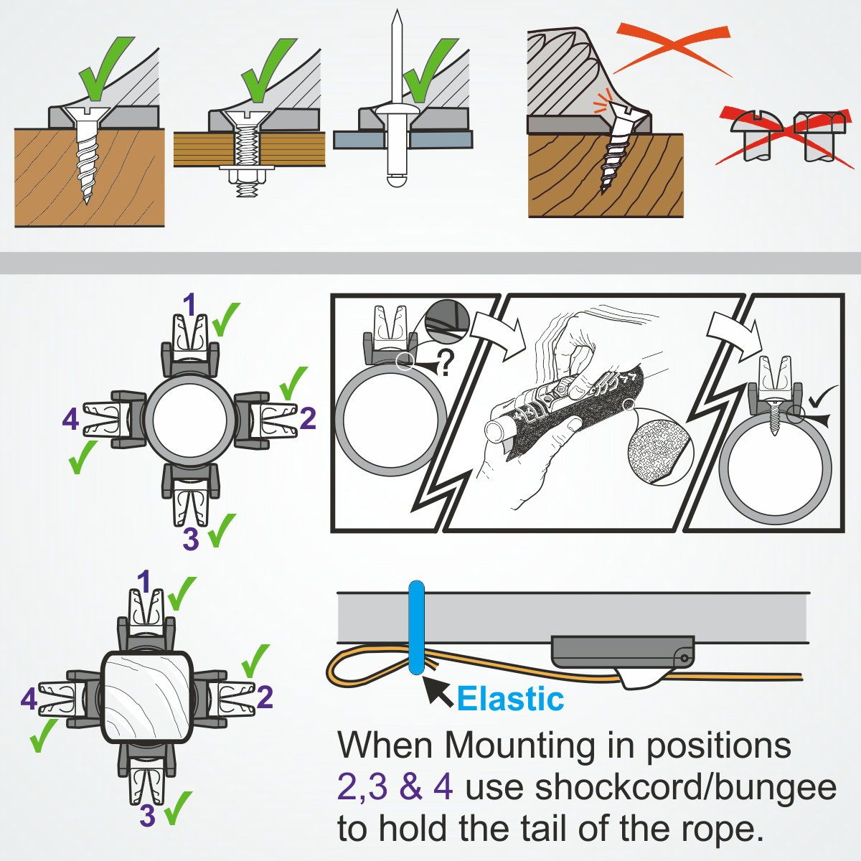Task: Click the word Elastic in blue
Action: point(510,698)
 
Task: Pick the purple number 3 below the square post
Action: point(148,816)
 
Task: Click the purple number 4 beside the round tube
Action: point(70,419)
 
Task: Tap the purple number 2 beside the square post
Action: point(264,697)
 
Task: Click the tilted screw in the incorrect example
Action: point(616,147)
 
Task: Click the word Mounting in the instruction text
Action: point(521,745)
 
